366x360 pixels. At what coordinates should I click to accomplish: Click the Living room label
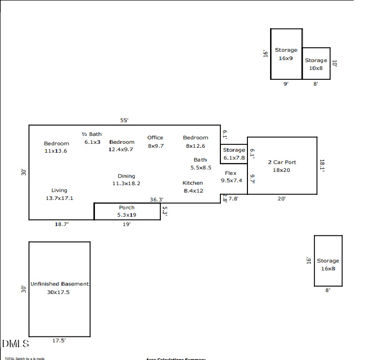tap(59, 190)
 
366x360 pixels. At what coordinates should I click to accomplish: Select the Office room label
tap(155, 138)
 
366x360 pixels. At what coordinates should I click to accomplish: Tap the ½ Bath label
tap(91, 134)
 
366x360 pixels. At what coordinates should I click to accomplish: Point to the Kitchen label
tap(192, 183)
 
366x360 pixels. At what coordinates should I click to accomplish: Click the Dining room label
tap(126, 176)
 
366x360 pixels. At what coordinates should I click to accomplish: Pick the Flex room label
tap(231, 173)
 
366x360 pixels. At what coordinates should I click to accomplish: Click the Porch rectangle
tap(127, 211)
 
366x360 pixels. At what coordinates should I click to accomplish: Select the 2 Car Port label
tap(281, 162)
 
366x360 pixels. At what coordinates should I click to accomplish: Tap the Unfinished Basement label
tap(60, 284)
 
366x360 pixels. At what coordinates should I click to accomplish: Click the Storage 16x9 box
tap(286, 54)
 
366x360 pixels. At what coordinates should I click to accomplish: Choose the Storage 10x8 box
tap(316, 64)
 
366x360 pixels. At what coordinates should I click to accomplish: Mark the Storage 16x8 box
tap(328, 261)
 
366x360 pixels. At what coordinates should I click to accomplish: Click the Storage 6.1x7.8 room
tap(234, 154)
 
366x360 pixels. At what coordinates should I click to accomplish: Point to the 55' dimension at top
tap(125, 120)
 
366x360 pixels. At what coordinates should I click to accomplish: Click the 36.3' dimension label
tap(156, 199)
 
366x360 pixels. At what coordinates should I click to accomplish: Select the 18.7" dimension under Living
tap(61, 224)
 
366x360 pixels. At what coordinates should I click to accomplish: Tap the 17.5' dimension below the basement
tap(59, 340)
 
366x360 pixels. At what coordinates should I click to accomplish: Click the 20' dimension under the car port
tap(281, 198)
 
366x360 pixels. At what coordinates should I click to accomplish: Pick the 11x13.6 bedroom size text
tap(56, 151)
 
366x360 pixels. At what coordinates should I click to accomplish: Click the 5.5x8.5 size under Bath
tap(201, 167)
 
